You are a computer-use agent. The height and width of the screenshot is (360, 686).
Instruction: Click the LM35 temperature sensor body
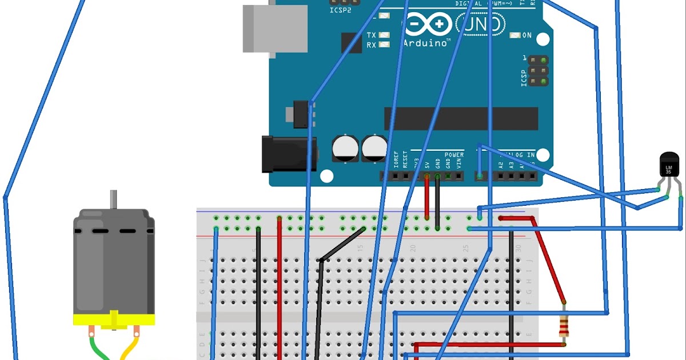[x=668, y=166]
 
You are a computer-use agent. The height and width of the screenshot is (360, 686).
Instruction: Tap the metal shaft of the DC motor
[x=114, y=199]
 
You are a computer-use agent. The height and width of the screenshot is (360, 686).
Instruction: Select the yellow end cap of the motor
[x=114, y=320]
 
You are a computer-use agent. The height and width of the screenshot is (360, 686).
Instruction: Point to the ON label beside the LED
[x=527, y=35]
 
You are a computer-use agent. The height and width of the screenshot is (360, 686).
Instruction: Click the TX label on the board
[x=372, y=35]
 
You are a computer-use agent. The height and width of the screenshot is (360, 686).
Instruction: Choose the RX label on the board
[x=372, y=45]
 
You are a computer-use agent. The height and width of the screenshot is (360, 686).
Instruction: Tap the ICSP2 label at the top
[x=341, y=10]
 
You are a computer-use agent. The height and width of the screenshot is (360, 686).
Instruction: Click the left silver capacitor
[x=345, y=147]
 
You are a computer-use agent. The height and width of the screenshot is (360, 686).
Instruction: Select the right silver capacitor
[x=374, y=147]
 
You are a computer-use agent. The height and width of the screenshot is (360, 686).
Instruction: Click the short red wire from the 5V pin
[x=426, y=197]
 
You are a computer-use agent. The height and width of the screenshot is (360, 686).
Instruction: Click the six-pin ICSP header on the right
[x=537, y=71]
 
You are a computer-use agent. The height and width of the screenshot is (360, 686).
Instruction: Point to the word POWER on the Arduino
[x=454, y=155]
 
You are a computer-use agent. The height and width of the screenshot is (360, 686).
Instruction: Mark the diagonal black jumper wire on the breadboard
[x=342, y=245]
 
